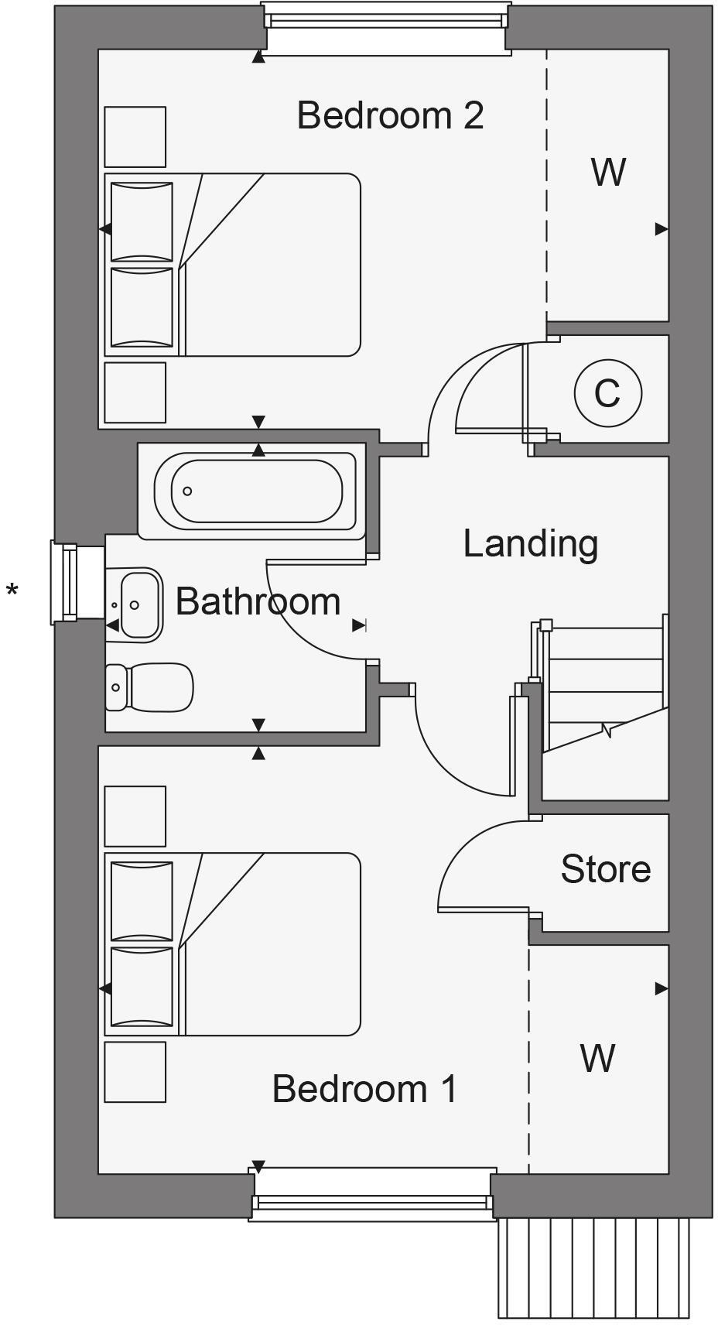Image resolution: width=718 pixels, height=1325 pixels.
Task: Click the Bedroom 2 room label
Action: point(390,115)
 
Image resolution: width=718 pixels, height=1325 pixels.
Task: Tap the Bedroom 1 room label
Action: point(364,1088)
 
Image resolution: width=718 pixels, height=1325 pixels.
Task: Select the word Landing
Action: point(530,543)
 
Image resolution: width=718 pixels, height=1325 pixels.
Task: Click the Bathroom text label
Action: point(258,601)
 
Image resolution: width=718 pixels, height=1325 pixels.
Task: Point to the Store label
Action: point(605,869)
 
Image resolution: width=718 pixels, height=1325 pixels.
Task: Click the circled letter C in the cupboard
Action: point(607,393)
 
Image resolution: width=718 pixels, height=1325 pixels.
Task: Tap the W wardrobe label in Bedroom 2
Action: point(608,172)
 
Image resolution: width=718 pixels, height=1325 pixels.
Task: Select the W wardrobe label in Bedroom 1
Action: point(598,1058)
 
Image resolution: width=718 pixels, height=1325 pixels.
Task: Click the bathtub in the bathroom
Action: point(255,491)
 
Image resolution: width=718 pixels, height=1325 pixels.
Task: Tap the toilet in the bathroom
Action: point(151,686)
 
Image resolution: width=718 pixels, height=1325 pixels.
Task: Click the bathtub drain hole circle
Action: point(187,491)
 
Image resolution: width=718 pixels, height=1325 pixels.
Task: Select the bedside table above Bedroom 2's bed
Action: point(135,137)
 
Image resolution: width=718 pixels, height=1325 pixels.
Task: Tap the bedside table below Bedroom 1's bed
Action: point(135,1072)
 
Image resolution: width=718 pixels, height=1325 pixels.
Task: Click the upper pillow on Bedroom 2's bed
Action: point(142,221)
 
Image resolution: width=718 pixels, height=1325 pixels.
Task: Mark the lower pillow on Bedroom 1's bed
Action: point(142,987)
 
